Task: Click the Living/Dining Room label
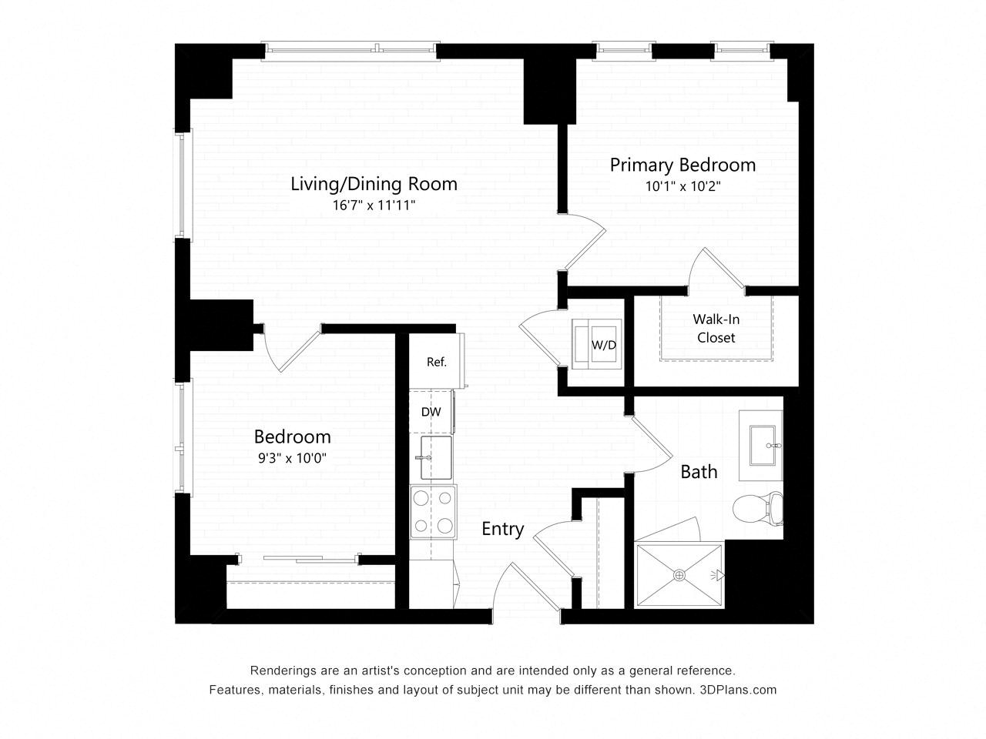click(x=374, y=184)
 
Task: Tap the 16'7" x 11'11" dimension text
click(x=374, y=206)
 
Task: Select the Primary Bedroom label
click(x=682, y=165)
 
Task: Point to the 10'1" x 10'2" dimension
click(x=682, y=186)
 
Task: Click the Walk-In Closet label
click(x=716, y=328)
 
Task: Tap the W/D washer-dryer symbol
click(x=596, y=344)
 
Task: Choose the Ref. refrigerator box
click(x=436, y=361)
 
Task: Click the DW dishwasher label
click(x=431, y=412)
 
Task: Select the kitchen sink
click(x=436, y=458)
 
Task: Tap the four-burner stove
click(x=433, y=512)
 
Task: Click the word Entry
click(x=503, y=530)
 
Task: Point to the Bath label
click(x=699, y=472)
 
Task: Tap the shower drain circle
click(x=679, y=575)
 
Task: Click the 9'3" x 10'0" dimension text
click(x=292, y=458)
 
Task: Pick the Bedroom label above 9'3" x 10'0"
click(x=293, y=437)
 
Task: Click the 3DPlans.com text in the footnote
click(x=738, y=690)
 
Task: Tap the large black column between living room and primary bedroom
click(x=549, y=91)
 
